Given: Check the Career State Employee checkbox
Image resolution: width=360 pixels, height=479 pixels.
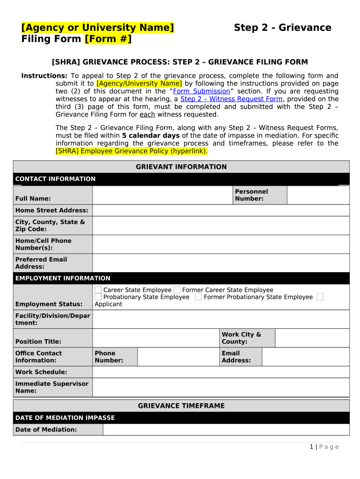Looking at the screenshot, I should (98, 290).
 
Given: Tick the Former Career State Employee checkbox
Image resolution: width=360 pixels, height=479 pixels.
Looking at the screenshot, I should (177, 290).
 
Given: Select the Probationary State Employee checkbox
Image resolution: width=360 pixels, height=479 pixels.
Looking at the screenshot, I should (98, 297).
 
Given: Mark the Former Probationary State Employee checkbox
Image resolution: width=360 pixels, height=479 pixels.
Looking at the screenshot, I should (199, 297).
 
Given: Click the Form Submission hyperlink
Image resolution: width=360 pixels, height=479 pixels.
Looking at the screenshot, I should (202, 91).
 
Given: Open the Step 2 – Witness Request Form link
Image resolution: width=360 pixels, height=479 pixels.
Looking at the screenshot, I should (231, 99).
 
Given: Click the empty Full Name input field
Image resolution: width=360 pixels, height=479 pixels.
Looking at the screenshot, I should (162, 196).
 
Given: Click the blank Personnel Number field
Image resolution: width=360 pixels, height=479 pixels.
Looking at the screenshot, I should (318, 196).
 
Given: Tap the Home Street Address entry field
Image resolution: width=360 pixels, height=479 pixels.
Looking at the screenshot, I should (221, 210).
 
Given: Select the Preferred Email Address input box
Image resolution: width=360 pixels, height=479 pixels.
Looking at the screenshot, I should (221, 263).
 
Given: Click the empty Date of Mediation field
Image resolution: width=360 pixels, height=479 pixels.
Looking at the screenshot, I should (226, 429).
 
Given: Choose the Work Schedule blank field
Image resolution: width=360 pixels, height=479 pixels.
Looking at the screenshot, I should (221, 372).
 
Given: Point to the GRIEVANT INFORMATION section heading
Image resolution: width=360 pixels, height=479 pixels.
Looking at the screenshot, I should (181, 167).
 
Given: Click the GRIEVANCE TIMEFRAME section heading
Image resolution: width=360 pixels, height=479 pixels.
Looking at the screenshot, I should (181, 406).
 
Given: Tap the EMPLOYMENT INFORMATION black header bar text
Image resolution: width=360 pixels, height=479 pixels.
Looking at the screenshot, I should (63, 278).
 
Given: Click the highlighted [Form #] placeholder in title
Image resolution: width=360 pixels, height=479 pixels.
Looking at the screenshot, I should (108, 39).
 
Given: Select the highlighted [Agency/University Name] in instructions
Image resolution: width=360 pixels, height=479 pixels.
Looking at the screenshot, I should (139, 84).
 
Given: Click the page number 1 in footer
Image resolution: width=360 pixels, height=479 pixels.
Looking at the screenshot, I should (311, 447).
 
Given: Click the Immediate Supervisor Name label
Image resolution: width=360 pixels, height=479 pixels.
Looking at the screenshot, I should (52, 387).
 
